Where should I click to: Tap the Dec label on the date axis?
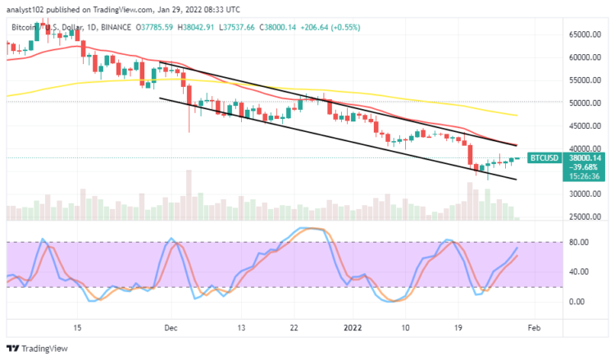(x=171, y=327)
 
